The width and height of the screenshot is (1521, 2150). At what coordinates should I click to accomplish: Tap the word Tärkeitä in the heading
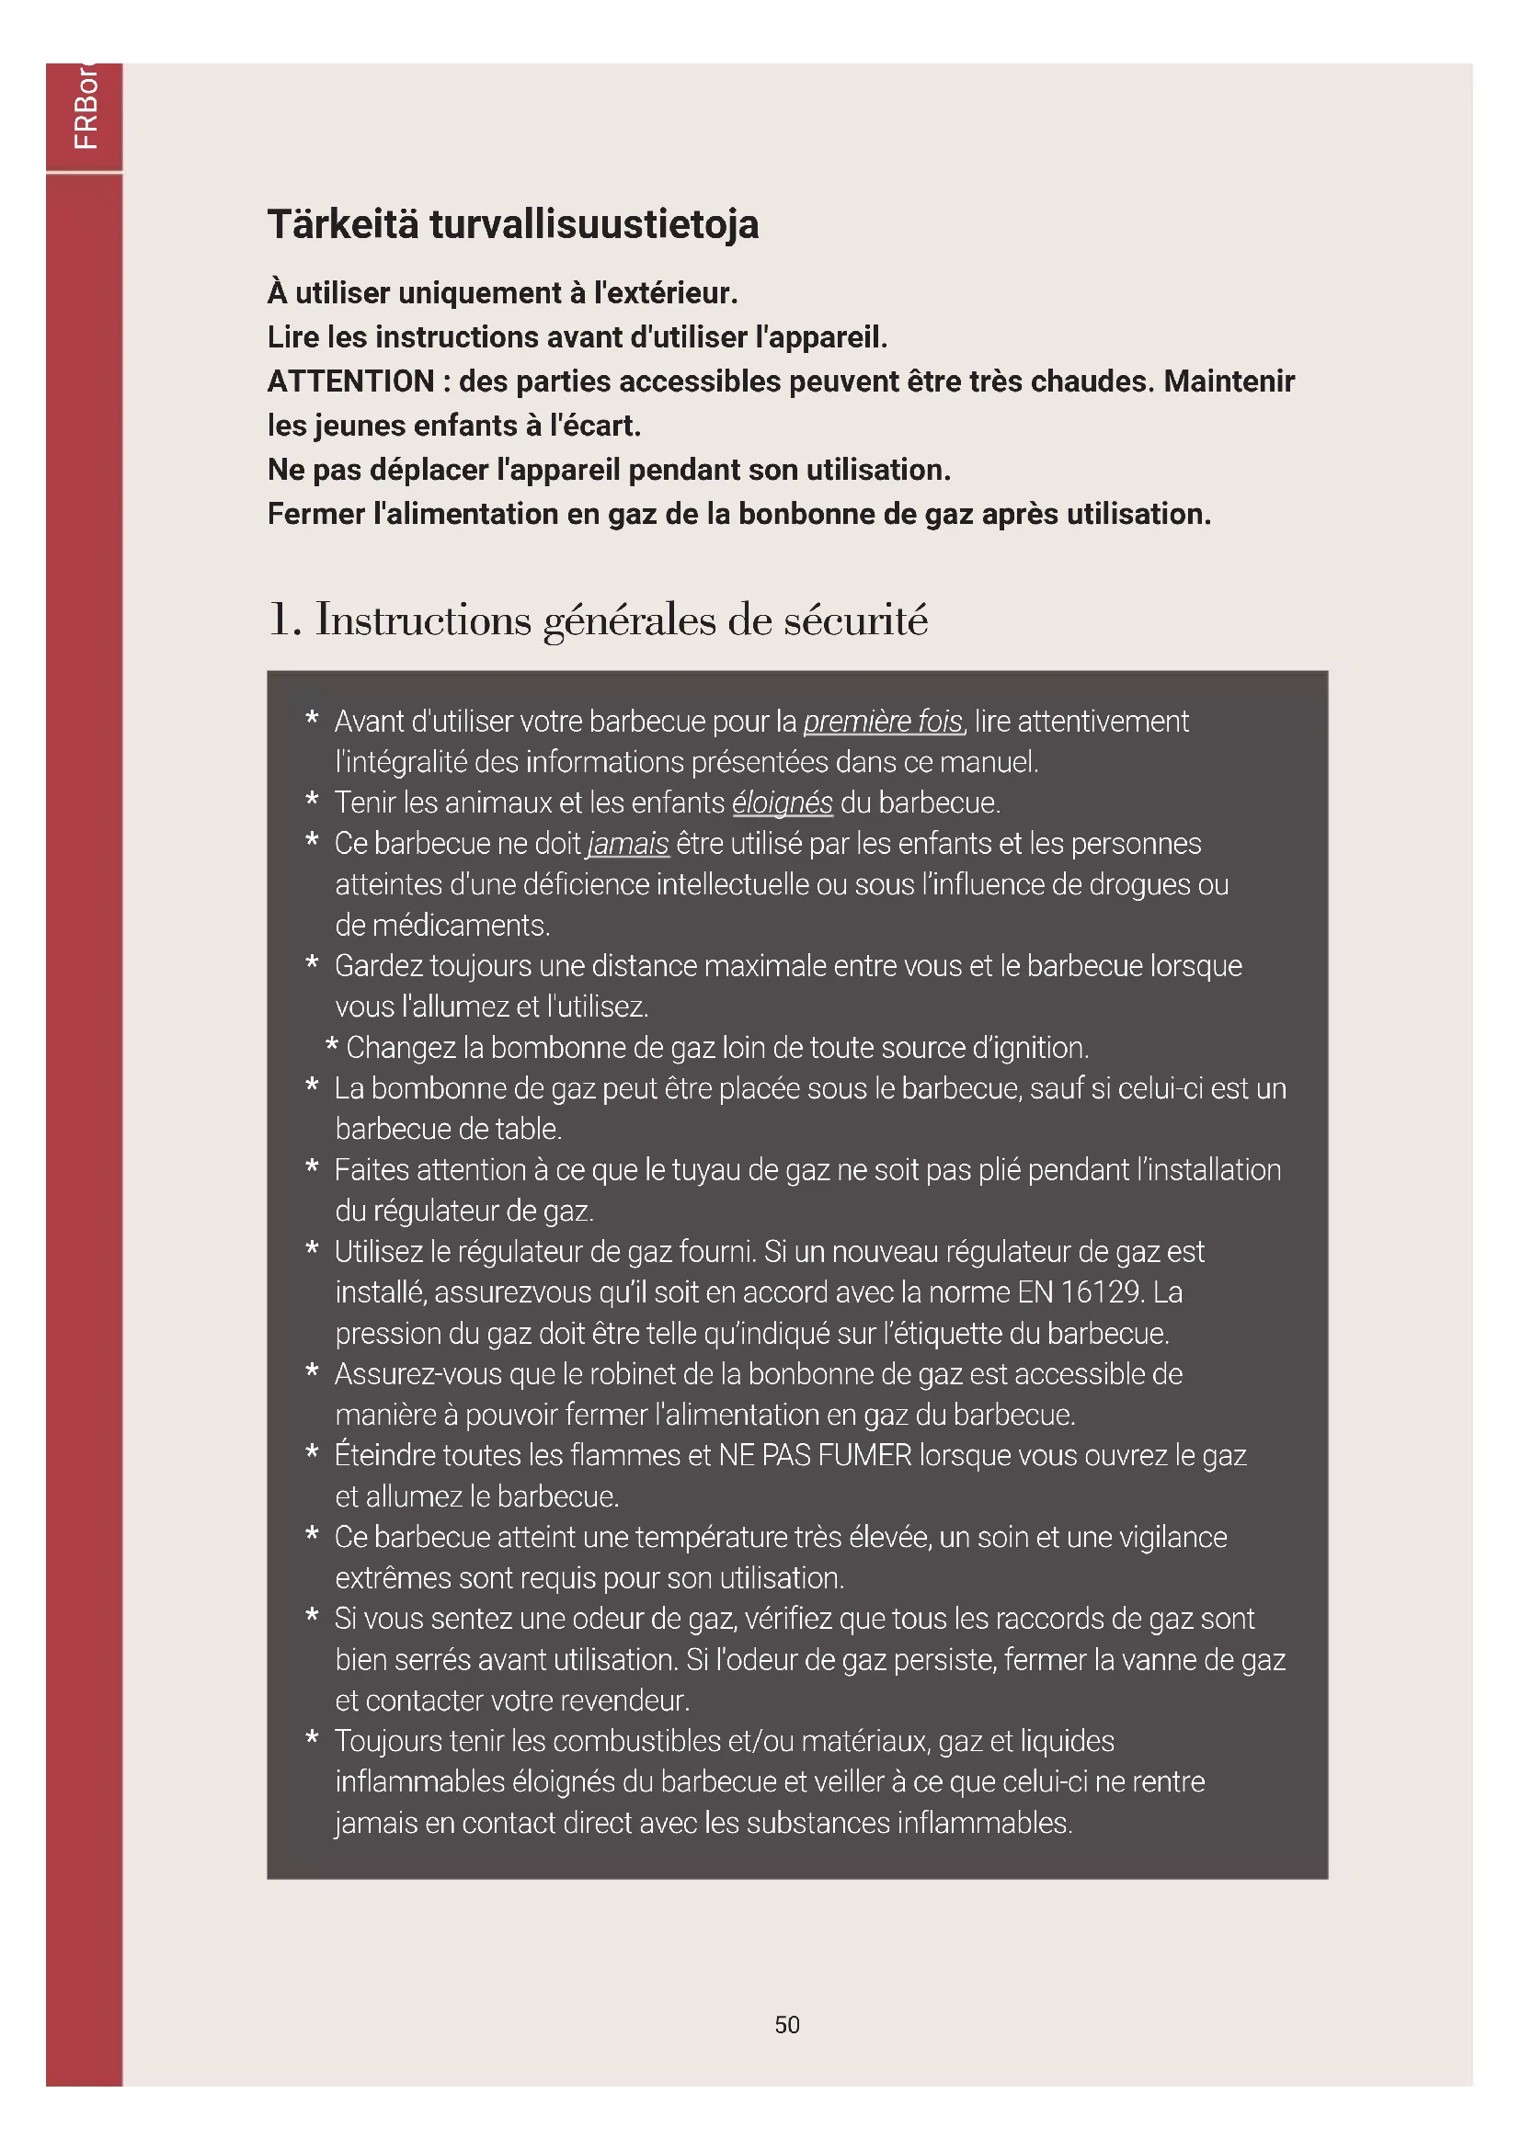coord(343,224)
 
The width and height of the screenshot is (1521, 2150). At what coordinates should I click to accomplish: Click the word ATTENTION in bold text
coord(351,381)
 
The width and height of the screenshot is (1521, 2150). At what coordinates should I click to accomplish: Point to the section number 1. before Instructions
coord(284,620)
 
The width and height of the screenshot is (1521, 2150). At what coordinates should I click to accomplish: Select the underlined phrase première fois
coord(882,722)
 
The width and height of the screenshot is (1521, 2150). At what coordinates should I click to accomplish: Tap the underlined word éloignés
coord(781,803)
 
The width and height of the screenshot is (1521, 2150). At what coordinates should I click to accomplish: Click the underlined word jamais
coord(627,845)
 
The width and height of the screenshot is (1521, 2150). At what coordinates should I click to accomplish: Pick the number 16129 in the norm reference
coord(1102,1293)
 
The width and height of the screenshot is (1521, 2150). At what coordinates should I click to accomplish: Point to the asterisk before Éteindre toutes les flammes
coord(312,1454)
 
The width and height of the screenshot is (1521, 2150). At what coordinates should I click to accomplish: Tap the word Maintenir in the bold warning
coord(1229,381)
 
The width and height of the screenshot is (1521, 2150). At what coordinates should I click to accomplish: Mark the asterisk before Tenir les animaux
coord(312,802)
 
